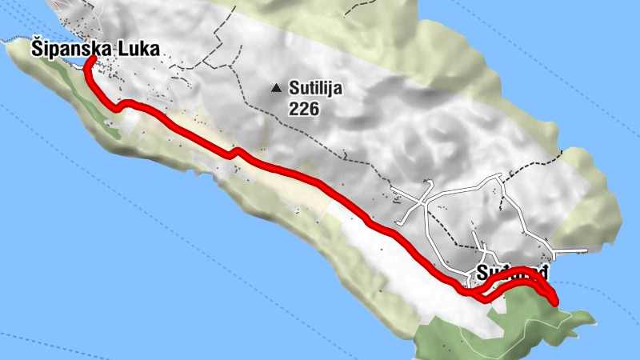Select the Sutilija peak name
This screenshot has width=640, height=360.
[315, 89]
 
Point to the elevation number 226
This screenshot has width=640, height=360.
[304, 107]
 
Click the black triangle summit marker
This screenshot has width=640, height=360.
[276, 88]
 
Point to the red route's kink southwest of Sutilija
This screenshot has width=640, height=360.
[234, 152]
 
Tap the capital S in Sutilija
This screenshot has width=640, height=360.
[294, 89]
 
